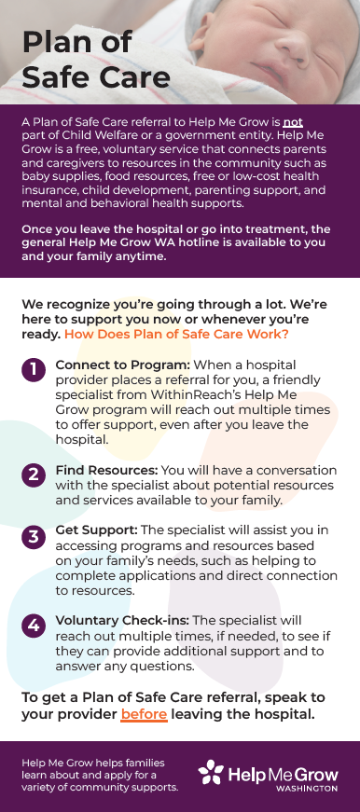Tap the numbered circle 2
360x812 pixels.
point(32,475)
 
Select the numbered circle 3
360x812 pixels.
point(32,536)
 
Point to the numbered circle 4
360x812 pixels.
point(32,626)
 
